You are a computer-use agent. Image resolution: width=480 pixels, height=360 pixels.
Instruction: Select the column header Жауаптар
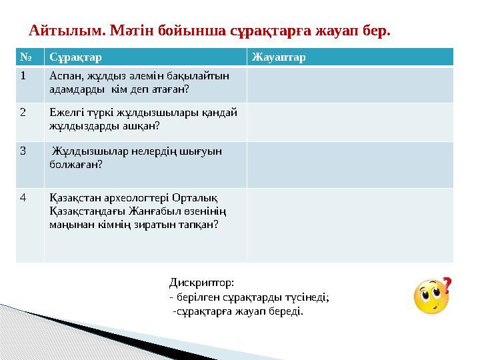(279, 57)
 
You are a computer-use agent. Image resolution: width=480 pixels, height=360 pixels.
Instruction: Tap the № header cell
(23, 57)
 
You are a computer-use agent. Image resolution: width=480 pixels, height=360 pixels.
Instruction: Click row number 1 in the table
(23, 76)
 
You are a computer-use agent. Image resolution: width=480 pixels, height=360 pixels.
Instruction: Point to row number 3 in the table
(23, 151)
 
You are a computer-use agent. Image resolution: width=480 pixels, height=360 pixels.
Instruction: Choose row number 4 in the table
(23, 197)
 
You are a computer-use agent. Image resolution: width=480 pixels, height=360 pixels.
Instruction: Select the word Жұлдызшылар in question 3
(83, 151)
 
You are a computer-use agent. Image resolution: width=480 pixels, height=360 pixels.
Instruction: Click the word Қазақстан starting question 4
(71, 197)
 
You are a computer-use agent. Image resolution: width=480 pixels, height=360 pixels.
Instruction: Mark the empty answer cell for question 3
(349, 164)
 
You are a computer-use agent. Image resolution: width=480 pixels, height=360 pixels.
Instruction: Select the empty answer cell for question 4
(349, 225)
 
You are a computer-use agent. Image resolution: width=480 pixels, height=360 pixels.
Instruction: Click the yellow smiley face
(430, 298)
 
